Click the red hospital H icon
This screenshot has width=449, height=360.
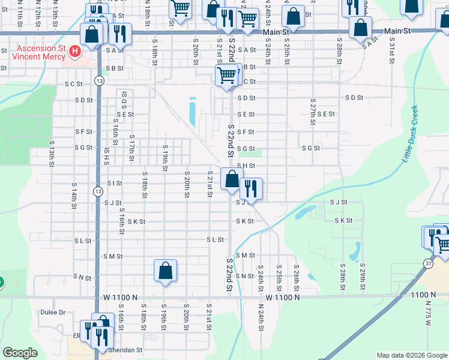(x=75, y=52)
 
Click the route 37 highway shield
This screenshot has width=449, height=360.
(x=428, y=263)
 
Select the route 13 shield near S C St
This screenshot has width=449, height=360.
(x=98, y=80)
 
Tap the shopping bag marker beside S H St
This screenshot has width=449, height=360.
(x=232, y=179)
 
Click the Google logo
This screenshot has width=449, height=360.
(x=20, y=353)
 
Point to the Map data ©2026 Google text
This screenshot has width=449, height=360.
(x=411, y=355)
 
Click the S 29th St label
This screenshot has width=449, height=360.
(x=363, y=277)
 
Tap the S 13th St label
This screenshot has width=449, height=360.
(x=52, y=154)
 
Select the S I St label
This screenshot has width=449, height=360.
(x=114, y=183)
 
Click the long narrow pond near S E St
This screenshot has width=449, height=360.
(x=192, y=111)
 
